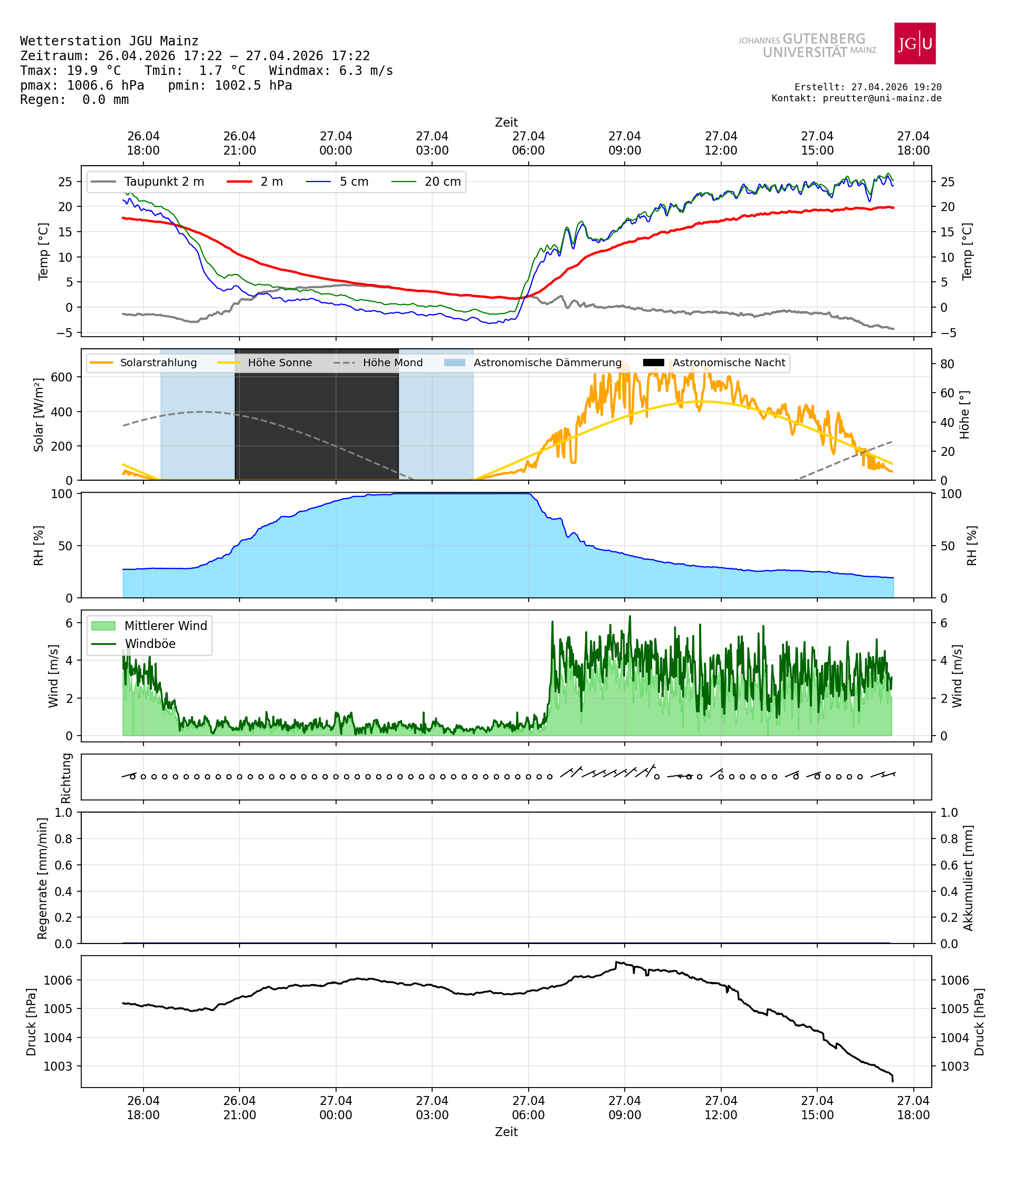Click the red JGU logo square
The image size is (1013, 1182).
pos(914,43)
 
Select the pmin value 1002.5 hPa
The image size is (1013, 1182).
pos(253,85)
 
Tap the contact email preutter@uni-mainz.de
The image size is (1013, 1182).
pos(882,98)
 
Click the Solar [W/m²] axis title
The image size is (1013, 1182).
pos(38,415)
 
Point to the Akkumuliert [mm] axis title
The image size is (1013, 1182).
pos(968,878)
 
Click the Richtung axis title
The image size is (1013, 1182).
pos(66,778)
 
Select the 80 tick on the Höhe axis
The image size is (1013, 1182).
pos(947,364)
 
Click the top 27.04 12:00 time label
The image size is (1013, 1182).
pos(720,143)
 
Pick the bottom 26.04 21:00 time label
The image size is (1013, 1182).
pos(239,1107)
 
